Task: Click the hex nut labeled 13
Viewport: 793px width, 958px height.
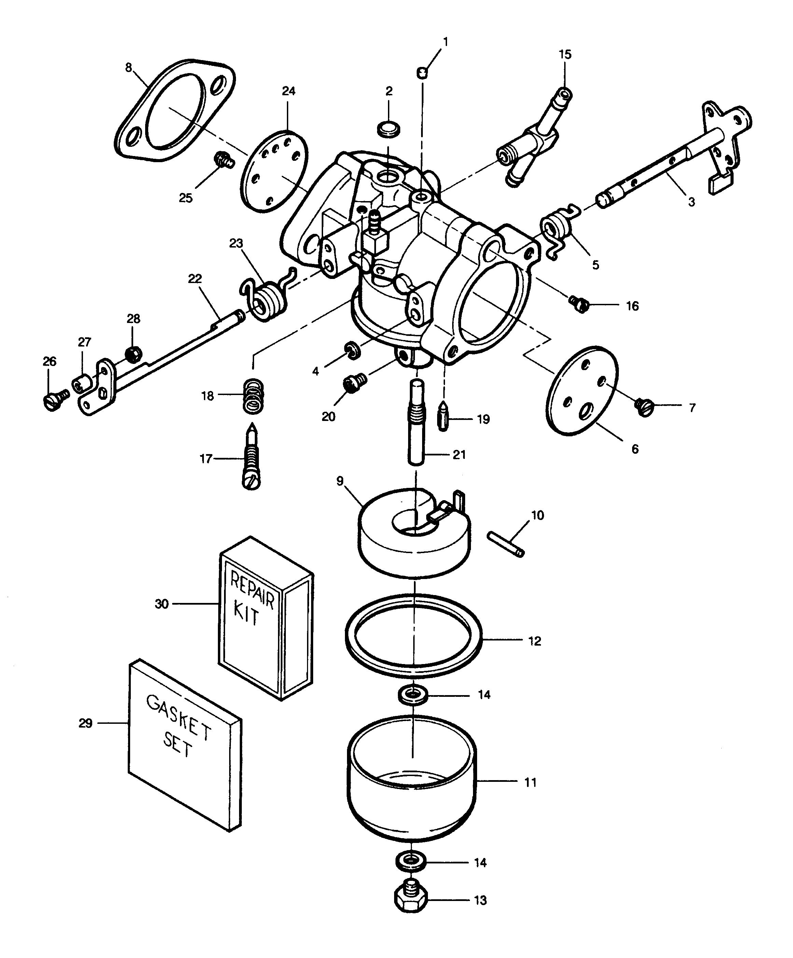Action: tap(411, 900)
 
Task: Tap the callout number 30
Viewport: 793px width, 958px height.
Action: tap(162, 604)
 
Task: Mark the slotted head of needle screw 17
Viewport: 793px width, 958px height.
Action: tap(252, 481)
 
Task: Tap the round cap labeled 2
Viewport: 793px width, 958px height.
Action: tap(388, 129)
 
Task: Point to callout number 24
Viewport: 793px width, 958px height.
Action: tap(288, 91)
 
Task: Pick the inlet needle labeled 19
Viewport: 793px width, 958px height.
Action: tap(443, 415)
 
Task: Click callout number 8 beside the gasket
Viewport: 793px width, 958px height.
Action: tap(129, 68)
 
